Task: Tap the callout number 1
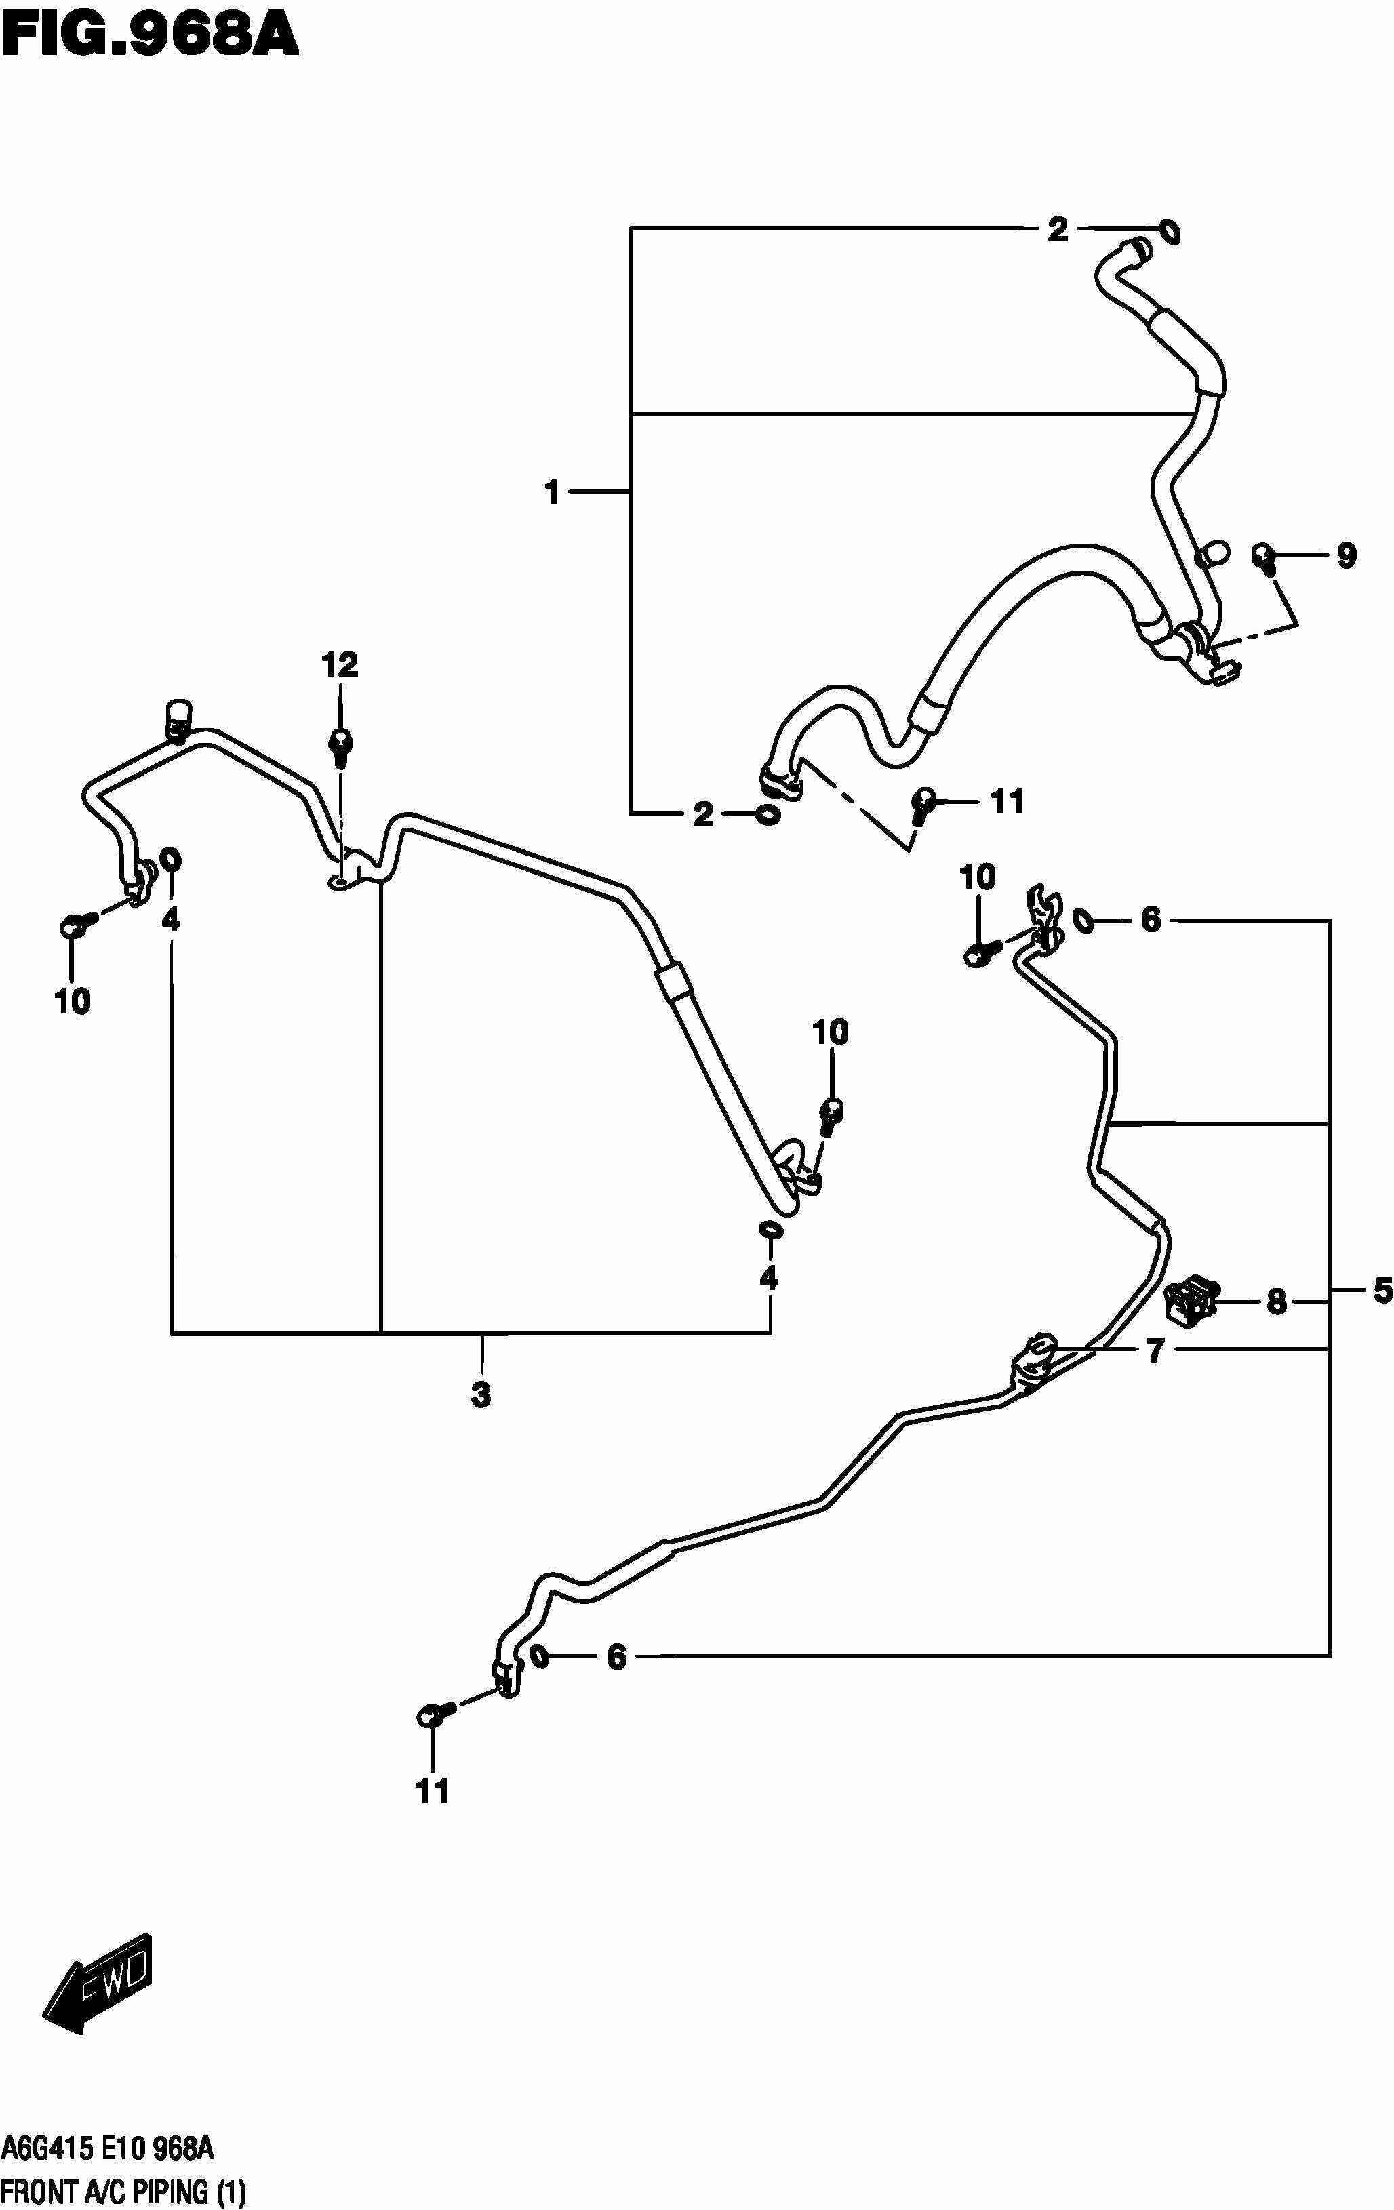click(551, 493)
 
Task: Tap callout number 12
click(340, 664)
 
